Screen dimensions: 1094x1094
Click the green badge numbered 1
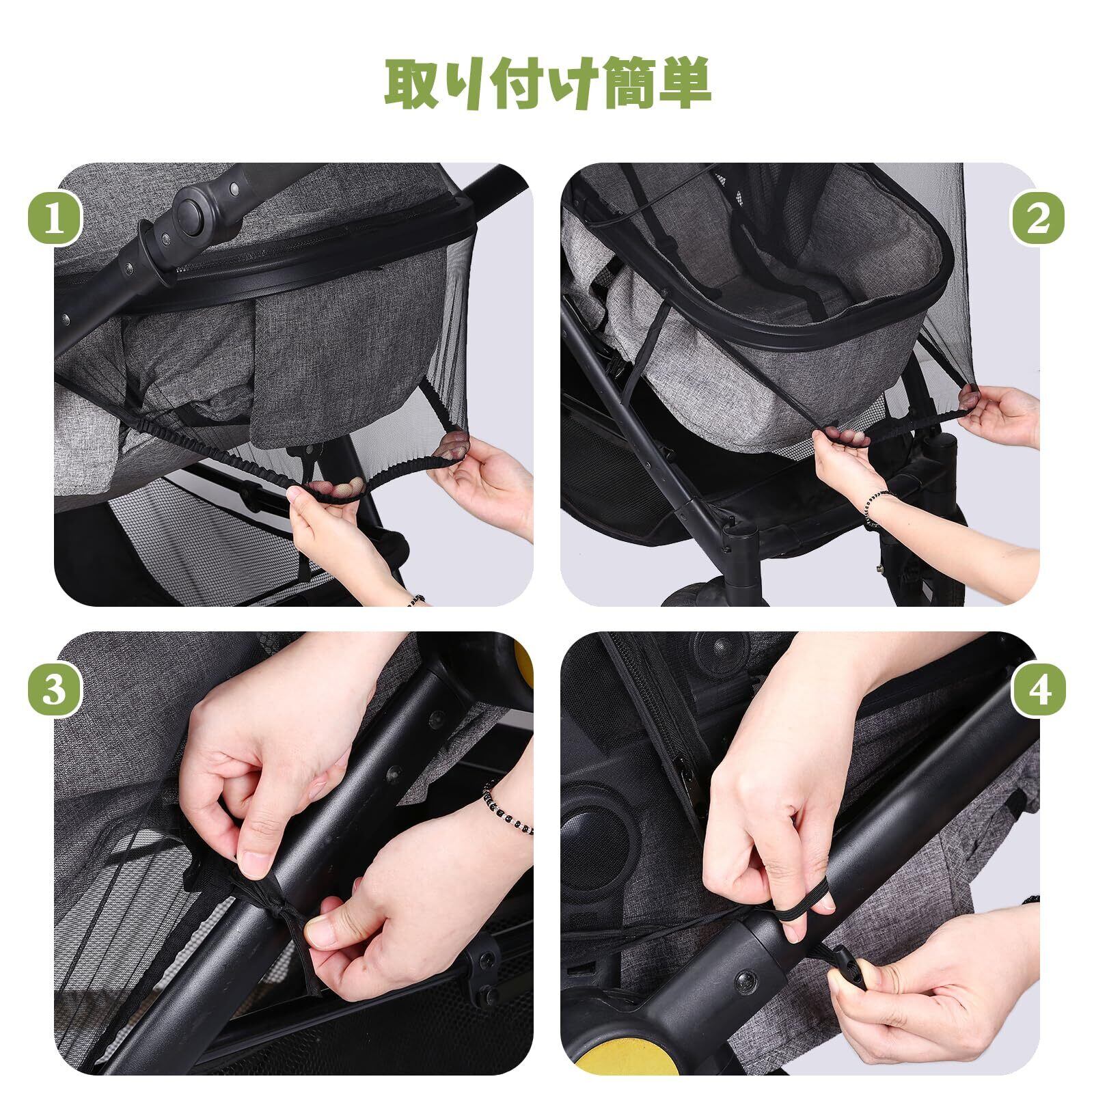pyautogui.click(x=55, y=221)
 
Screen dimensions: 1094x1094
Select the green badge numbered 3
pyautogui.click(x=55, y=689)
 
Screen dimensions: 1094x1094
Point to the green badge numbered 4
pyautogui.click(x=1037, y=689)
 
